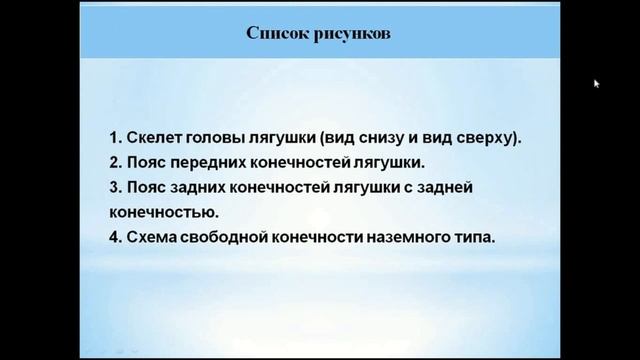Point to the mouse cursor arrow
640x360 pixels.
coord(597,83)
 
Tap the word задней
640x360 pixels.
coord(483,187)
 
